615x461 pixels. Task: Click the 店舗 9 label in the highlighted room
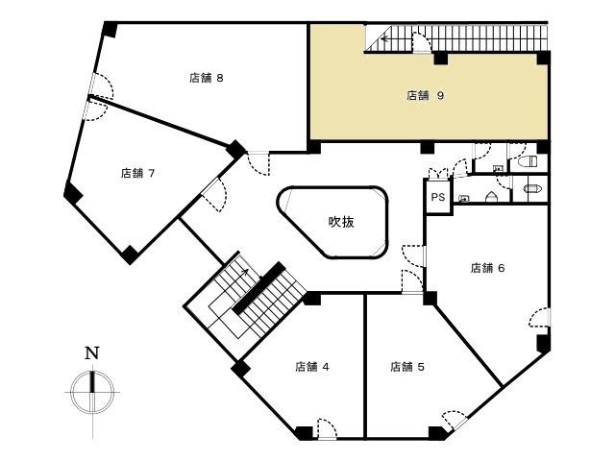click(425, 95)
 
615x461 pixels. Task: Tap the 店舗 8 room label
click(207, 78)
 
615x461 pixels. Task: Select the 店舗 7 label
click(137, 173)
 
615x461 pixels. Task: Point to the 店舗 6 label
click(487, 268)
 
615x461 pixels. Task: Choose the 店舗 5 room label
click(407, 367)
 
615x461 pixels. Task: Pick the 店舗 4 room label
click(312, 367)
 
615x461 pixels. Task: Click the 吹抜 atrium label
click(341, 222)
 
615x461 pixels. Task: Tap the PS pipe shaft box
click(438, 196)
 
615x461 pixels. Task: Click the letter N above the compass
click(92, 353)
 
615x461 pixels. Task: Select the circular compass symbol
click(92, 392)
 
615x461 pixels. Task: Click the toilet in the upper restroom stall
click(528, 161)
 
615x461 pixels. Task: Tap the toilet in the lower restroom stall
click(532, 188)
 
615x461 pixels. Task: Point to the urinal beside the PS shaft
click(491, 197)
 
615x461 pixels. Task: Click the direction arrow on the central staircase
click(244, 271)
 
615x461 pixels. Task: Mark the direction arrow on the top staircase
click(384, 38)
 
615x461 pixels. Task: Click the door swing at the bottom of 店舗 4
click(327, 428)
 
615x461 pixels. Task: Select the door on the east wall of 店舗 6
click(540, 317)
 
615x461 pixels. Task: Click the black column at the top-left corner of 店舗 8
click(110, 30)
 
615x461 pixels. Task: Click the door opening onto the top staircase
click(422, 42)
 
